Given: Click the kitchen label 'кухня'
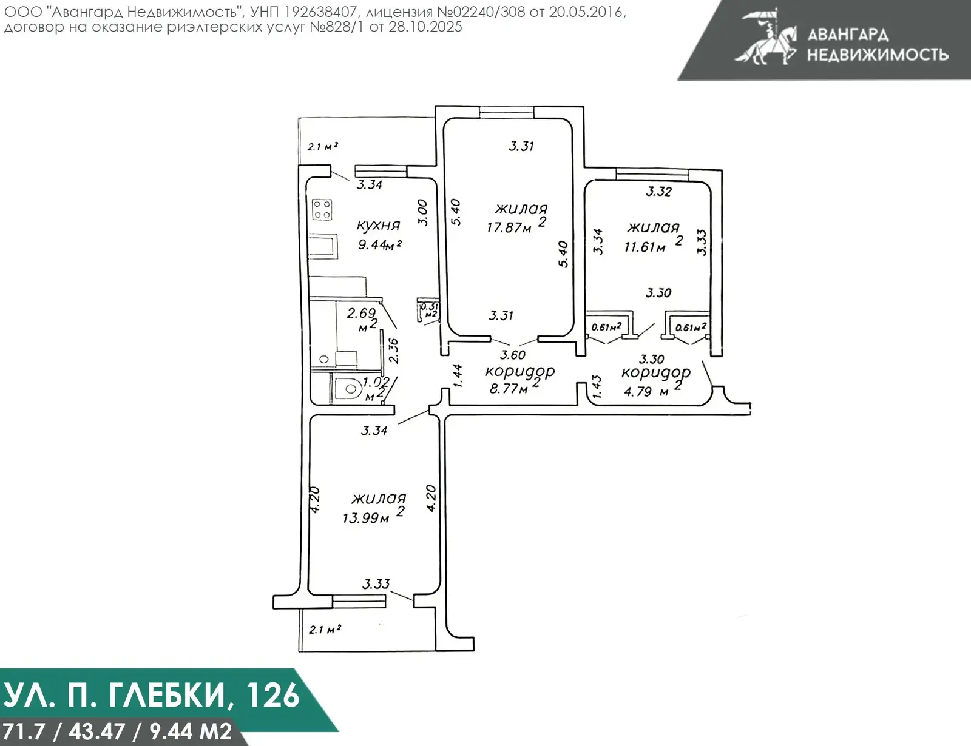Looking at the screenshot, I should point(378,226).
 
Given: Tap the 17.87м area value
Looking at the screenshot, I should point(509,228).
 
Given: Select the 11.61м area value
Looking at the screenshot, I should point(645,247).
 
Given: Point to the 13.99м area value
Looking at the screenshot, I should point(366,518).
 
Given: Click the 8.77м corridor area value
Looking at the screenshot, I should point(509,388).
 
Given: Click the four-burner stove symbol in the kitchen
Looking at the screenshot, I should point(322,210).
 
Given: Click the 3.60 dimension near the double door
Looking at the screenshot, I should point(513,355).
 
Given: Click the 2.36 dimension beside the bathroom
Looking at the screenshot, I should point(393,350).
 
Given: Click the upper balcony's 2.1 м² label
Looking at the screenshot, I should point(322,146).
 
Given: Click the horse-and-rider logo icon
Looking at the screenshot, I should point(766,36).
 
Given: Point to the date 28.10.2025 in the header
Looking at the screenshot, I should point(424,27).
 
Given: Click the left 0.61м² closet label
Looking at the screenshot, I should point(606,328).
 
